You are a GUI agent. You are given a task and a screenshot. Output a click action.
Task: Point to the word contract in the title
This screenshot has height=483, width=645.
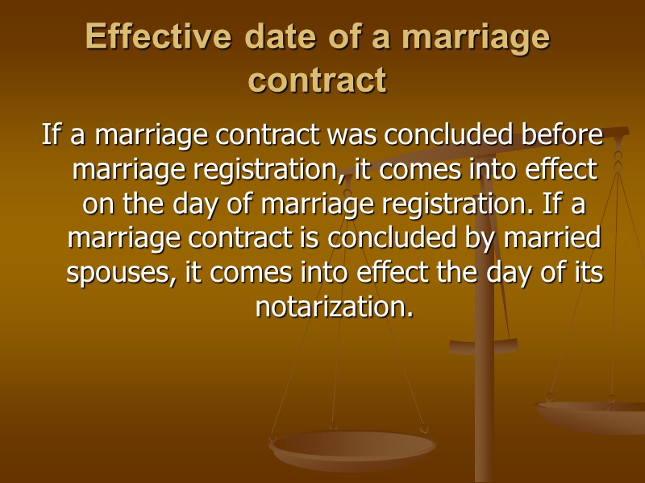click(x=317, y=80)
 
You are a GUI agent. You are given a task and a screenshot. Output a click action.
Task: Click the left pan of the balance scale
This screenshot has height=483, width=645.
click(x=352, y=447)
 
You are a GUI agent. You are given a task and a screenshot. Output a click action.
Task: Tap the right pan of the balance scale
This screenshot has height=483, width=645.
click(x=593, y=415)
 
